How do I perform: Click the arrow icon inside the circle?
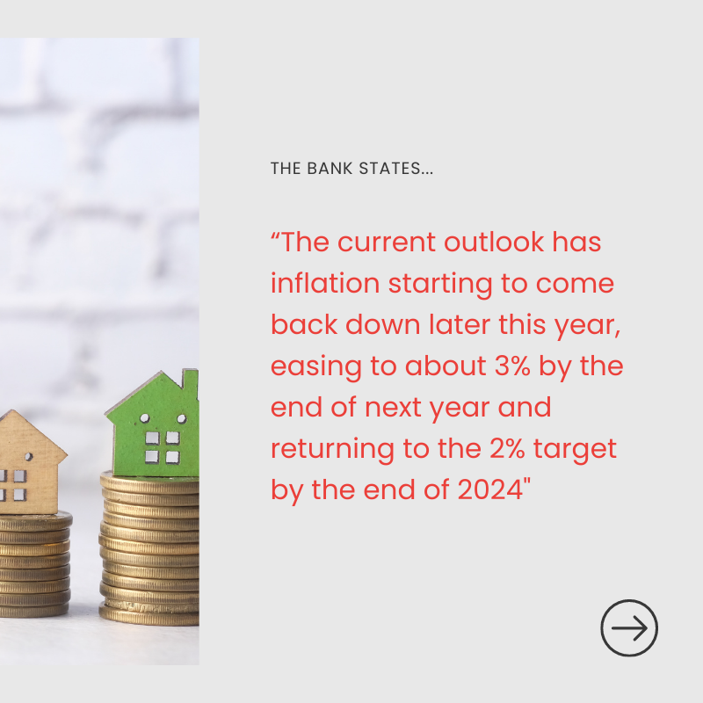point(629,627)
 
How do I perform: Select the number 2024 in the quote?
point(490,489)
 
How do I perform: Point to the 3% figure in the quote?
point(512,366)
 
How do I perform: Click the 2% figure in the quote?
point(507,448)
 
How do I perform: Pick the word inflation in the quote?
point(325,283)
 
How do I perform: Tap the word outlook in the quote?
point(494,243)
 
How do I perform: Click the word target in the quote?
point(575,450)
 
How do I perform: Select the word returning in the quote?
point(332,450)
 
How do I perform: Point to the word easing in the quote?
point(316,367)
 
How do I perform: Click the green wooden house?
point(154,423)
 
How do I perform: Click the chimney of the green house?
point(190,384)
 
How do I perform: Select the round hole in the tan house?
point(29,457)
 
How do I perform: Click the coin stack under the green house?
point(149,549)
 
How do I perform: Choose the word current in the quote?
point(386,243)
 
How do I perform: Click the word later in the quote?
point(459,324)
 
